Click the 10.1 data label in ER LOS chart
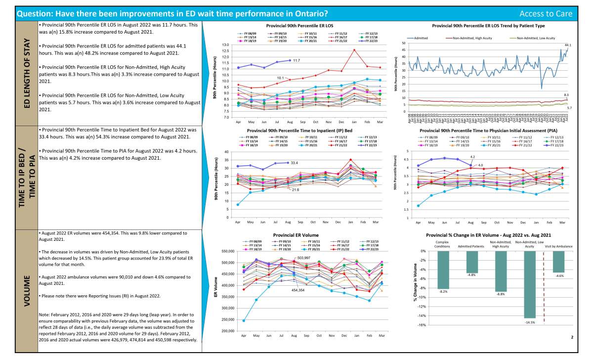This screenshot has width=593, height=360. (x=279, y=78)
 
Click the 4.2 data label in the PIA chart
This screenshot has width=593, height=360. (x=471, y=157)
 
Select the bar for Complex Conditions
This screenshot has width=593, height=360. (x=443, y=270)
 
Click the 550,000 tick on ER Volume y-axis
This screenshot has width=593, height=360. (x=227, y=252)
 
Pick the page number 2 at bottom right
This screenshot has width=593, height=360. (x=571, y=337)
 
